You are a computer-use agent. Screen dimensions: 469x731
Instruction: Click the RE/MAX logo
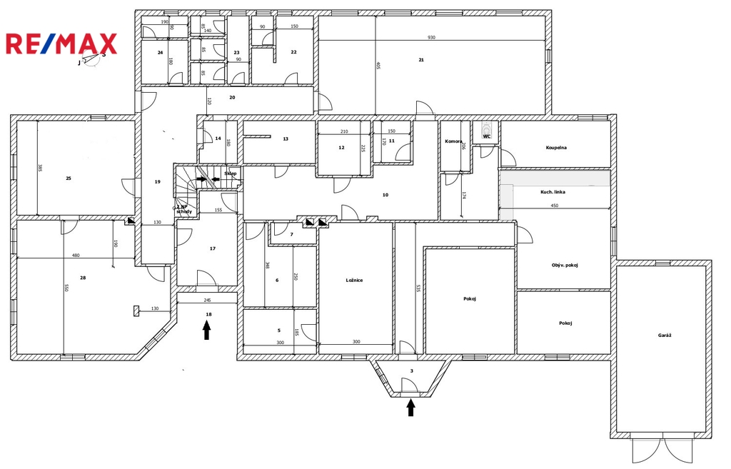pos(61,44)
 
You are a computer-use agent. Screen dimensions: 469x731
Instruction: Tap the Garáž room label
pos(665,336)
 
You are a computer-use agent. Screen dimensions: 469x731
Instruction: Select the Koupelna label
pos(556,148)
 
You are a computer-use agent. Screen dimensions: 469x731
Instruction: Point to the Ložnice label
pos(355,281)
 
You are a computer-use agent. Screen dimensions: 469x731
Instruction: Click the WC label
pos(487,136)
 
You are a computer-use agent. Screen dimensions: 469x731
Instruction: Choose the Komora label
pos(453,141)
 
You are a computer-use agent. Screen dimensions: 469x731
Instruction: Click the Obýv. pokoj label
pos(565,266)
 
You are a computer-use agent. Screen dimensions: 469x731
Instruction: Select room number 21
pos(421,60)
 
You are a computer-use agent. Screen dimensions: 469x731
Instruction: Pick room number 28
pos(83,278)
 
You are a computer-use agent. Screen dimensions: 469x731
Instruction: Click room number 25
pos(69,178)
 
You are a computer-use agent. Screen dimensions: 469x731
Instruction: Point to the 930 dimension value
pos(431,37)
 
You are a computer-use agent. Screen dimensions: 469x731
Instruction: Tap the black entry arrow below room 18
pos(207,330)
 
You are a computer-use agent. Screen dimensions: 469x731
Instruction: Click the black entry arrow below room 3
pos(410,407)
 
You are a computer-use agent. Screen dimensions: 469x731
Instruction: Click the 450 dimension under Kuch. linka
pos(554,206)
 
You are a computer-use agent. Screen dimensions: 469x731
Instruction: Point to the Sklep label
pos(230,173)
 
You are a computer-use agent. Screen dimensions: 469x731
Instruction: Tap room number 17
pos(212,248)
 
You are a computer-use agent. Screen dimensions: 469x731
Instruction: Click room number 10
pos(385,195)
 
